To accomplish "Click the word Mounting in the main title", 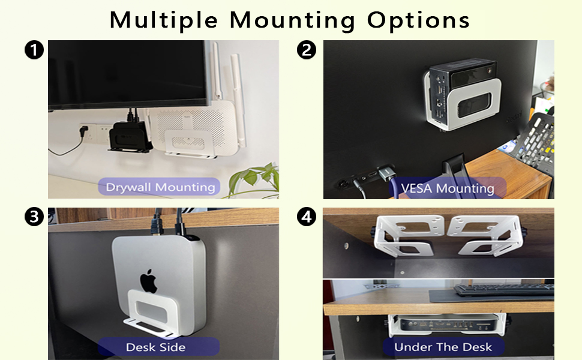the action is [x=292, y=20].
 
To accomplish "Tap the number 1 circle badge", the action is [x=34, y=50].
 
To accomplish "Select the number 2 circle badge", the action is [x=307, y=50].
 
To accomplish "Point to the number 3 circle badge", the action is [x=34, y=217].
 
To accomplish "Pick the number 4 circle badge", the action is [x=307, y=217].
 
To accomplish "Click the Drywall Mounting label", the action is [x=160, y=187].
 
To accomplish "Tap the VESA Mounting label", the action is [x=447, y=188].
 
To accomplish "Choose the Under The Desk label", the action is [x=443, y=347].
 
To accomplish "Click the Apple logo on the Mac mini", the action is [x=148, y=281].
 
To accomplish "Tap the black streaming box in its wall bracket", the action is [x=130, y=136].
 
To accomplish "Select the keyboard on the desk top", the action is [x=504, y=290].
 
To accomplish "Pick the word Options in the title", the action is [x=418, y=20].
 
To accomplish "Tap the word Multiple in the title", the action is [x=163, y=20].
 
